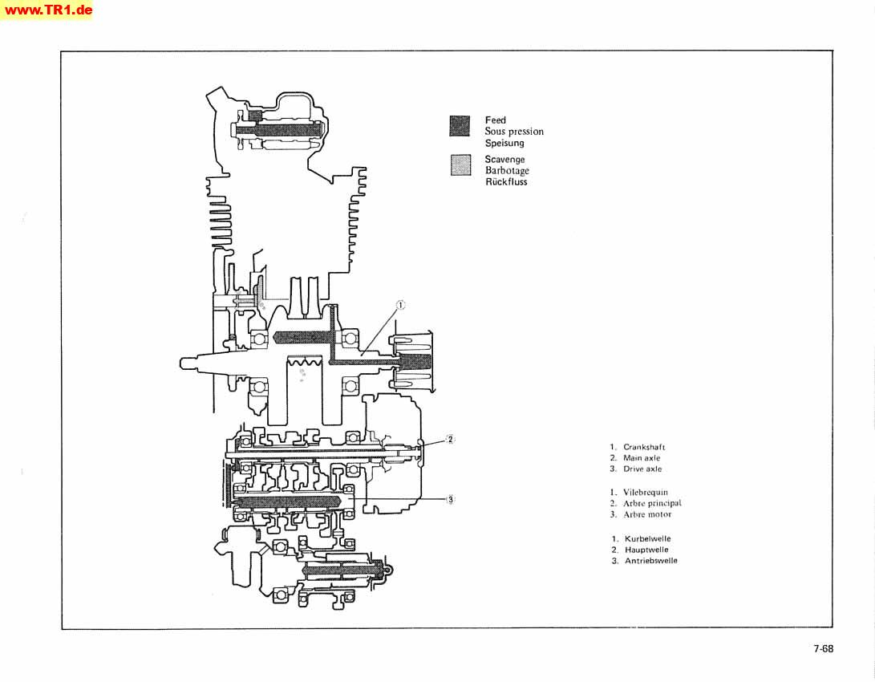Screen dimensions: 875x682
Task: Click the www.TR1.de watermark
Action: point(47,10)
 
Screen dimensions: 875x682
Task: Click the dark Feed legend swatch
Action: point(460,126)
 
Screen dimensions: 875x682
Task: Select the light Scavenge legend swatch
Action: point(460,165)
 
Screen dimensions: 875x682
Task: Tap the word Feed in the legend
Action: point(496,120)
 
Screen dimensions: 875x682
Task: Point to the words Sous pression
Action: point(514,132)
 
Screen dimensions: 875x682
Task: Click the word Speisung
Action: point(504,143)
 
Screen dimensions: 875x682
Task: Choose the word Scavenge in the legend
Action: point(504,160)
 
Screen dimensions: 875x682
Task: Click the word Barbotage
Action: point(507,171)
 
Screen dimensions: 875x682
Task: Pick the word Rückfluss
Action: point(506,182)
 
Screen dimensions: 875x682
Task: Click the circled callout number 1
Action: point(400,305)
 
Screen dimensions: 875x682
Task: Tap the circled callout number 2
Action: point(451,439)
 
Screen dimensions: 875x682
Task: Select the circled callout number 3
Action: point(451,500)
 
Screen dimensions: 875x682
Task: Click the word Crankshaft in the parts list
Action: point(644,447)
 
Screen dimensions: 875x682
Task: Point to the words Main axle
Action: point(642,458)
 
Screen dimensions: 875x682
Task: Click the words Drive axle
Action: point(642,469)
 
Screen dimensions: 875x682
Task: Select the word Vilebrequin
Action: point(645,493)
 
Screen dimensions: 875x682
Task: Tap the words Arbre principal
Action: point(652,503)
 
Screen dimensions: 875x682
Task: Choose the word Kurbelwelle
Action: point(647,539)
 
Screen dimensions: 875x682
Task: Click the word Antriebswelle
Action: point(650,561)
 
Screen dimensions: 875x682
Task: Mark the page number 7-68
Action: point(823,648)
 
